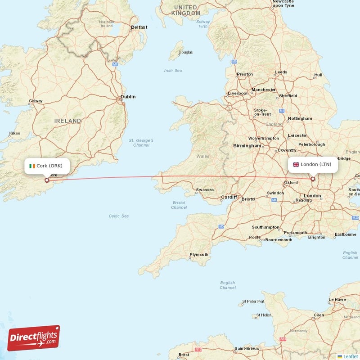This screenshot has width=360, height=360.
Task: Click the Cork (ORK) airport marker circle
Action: tap(46, 180)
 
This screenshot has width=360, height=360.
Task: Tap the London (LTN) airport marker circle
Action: tap(313, 179)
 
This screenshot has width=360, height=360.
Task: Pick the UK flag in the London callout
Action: tap(296, 164)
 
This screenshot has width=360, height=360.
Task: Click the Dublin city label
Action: tap(128, 96)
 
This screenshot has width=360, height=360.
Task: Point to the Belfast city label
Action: tap(139, 27)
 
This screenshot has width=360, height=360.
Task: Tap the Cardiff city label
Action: tap(229, 197)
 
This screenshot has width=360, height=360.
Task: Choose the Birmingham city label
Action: tap(247, 146)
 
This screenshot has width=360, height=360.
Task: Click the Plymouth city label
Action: tap(199, 255)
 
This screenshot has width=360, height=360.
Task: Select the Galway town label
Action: tap(36, 101)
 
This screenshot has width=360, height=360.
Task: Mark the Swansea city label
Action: tap(205, 190)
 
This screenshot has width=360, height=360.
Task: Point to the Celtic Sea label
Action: tap(119, 216)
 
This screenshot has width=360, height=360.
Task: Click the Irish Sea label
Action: tap(173, 70)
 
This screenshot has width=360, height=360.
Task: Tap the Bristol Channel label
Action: tap(179, 205)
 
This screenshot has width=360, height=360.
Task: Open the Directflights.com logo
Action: tap(34, 338)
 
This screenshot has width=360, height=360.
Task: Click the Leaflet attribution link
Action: tap(350, 356)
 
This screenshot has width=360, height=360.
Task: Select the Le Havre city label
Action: tap(338, 299)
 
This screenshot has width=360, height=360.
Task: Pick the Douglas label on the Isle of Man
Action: tap(185, 52)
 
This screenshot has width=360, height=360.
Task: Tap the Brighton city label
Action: tap(316, 237)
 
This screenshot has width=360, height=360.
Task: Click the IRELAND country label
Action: tap(68, 121)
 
